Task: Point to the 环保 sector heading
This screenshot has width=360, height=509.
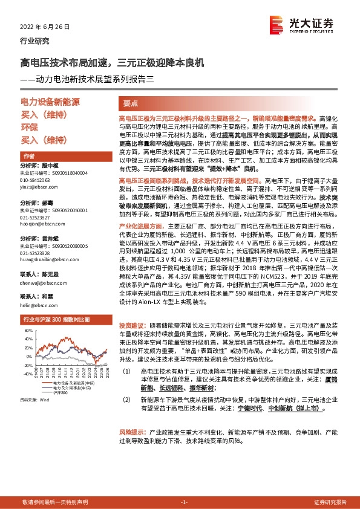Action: coord(30,128)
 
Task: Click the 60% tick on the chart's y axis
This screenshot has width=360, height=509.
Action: coord(28,331)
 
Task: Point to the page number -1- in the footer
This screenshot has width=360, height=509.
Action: coord(184,502)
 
